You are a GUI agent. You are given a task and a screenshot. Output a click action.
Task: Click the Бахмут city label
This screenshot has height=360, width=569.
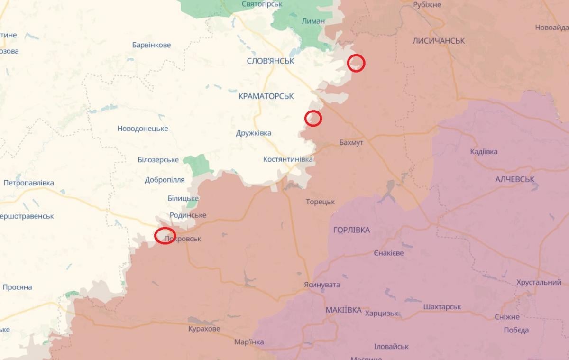pos(351,142)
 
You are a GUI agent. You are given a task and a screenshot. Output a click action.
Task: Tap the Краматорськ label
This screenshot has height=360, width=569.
pos(266,96)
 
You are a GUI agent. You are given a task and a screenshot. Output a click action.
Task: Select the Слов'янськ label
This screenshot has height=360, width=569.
pos(270,61)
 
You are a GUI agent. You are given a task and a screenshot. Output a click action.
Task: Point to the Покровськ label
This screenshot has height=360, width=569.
pos(183,239)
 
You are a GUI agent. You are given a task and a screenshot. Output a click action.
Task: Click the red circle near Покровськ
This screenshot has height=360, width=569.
pos(165,235)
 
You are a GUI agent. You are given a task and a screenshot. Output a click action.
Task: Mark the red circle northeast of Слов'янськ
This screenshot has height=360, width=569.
pos(356,63)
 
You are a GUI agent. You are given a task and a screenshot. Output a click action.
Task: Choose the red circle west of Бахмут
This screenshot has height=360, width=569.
pos(313,118)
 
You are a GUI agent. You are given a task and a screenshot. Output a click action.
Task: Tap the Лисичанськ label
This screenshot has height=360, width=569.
pos(439,41)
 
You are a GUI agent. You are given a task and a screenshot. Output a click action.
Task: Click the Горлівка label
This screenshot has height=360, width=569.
pos(351,230)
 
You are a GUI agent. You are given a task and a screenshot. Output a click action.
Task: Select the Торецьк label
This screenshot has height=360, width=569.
pos(320,202)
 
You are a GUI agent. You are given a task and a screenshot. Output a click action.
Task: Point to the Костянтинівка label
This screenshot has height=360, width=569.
pos(288,159)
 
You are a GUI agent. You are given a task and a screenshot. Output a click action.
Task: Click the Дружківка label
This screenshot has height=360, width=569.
pos(254,133)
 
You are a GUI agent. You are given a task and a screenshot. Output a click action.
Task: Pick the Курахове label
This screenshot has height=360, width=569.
pos(204,329)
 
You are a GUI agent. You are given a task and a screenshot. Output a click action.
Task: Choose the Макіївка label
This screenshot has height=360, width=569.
pos(344,310)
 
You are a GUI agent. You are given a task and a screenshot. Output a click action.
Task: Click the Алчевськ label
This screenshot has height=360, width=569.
pos(515,179)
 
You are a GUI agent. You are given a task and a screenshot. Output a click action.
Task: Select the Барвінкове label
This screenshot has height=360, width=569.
pos(151,46)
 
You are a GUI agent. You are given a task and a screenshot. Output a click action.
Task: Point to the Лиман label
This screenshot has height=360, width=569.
pos(313,21)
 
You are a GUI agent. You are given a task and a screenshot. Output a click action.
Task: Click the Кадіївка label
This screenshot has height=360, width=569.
pos(484,152)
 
